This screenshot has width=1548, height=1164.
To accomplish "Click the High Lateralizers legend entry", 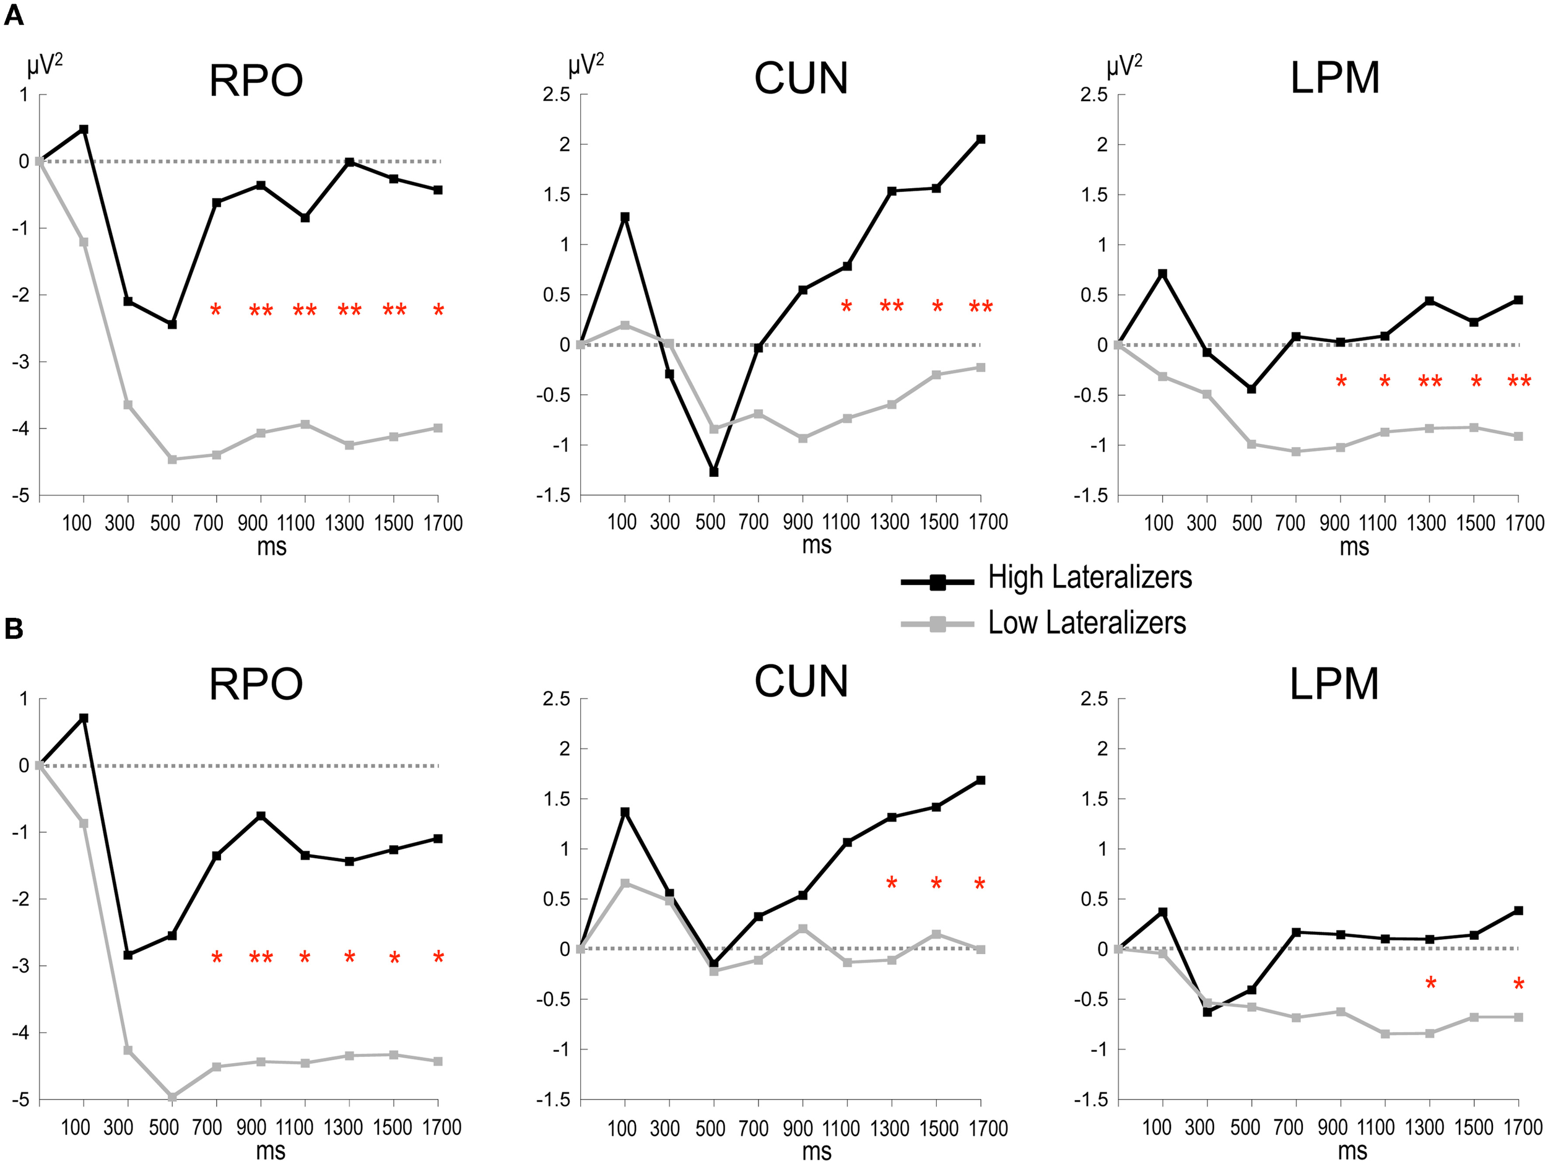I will click(1089, 578).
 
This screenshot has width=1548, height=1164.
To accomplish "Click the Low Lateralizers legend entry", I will click(1086, 623).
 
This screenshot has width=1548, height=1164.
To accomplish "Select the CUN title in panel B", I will click(801, 682).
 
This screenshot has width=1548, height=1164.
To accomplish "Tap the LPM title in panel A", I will click(1334, 79).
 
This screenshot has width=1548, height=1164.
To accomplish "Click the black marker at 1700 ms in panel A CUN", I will click(980, 139).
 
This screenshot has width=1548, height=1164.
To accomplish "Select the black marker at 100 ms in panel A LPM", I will click(1162, 274).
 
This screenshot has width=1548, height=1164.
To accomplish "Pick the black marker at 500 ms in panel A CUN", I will click(714, 472).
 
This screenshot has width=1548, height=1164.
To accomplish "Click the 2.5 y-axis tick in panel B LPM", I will click(1095, 698).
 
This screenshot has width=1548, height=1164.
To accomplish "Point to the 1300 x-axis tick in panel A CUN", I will click(889, 522).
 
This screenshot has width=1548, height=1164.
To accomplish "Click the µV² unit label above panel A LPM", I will click(1124, 66).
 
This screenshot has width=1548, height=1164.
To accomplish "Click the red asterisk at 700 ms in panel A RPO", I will click(215, 310).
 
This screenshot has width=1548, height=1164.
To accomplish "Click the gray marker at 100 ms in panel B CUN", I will click(625, 884).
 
